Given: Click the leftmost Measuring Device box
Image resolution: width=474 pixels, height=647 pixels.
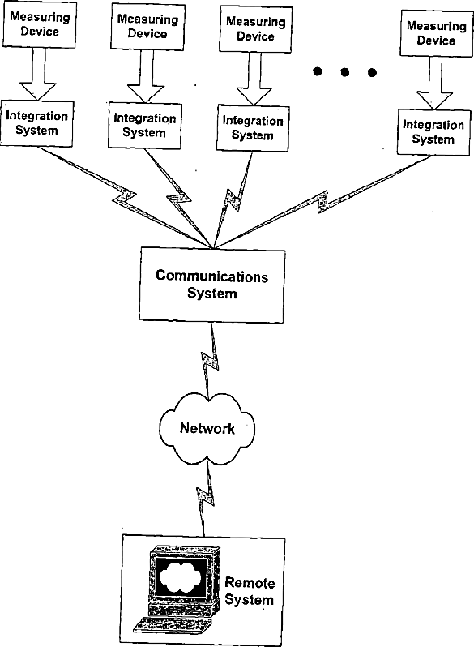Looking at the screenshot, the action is (x=40, y=25).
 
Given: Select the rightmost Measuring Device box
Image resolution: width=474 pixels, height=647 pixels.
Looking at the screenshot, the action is (x=437, y=33).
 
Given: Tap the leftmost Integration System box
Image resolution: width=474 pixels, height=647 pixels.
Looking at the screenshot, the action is (x=36, y=123).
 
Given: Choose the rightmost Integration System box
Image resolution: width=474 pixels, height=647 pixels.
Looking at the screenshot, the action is (x=433, y=132).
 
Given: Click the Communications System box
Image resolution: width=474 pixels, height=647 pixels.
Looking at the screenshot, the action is (x=212, y=285).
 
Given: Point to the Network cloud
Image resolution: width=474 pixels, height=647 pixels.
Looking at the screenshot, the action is (x=207, y=428).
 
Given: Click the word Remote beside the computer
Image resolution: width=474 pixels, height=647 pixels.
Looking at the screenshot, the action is (x=250, y=583).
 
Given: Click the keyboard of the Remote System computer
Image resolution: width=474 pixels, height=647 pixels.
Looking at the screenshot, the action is (x=173, y=624).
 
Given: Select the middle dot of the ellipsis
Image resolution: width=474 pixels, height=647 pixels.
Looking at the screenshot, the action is (x=345, y=73).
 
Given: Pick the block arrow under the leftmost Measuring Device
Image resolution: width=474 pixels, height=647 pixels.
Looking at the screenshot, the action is (x=38, y=75).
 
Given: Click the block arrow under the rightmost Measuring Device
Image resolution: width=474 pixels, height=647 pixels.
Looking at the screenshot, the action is (x=435, y=83).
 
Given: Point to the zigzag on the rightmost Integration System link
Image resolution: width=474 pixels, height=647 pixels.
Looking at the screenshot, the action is (x=322, y=201).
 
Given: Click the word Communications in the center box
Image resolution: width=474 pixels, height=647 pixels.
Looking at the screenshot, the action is (x=211, y=276).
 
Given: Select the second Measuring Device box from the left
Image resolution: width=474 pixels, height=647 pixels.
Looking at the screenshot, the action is (x=147, y=27).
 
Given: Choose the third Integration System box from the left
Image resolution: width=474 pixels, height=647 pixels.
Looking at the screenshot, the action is (x=253, y=128).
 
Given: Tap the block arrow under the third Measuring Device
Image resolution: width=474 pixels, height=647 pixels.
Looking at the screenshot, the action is (x=254, y=79).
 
